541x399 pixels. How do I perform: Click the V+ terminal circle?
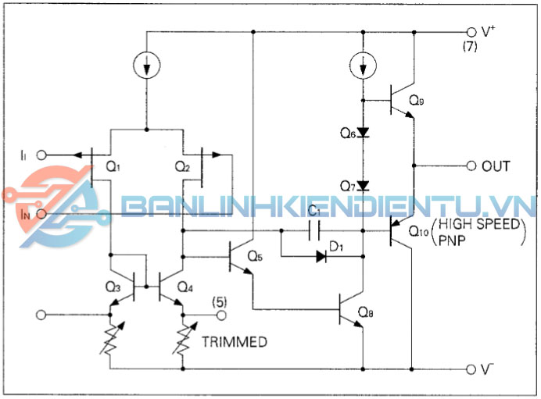coord(471,32)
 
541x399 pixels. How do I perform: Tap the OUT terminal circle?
coord(471,166)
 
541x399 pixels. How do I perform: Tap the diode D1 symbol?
coord(321,255)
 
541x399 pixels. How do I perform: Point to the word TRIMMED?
coord(235,342)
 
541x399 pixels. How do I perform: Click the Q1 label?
coord(113,166)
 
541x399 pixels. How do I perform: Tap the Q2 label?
coord(181,166)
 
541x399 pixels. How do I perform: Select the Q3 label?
coord(113,287)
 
